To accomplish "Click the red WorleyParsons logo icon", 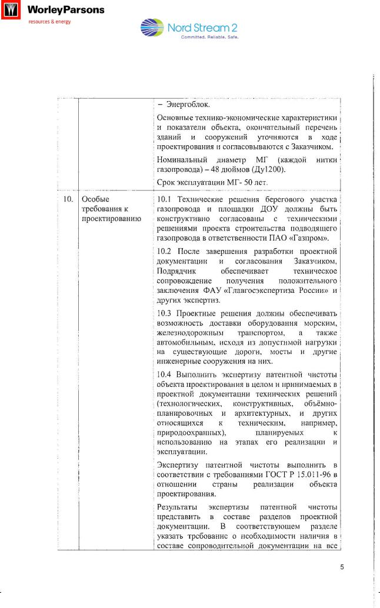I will [x=9, y=11].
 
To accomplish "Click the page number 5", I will [x=342, y=567].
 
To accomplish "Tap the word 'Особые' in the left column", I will [x=95, y=199].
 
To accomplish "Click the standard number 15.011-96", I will [x=310, y=475].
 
